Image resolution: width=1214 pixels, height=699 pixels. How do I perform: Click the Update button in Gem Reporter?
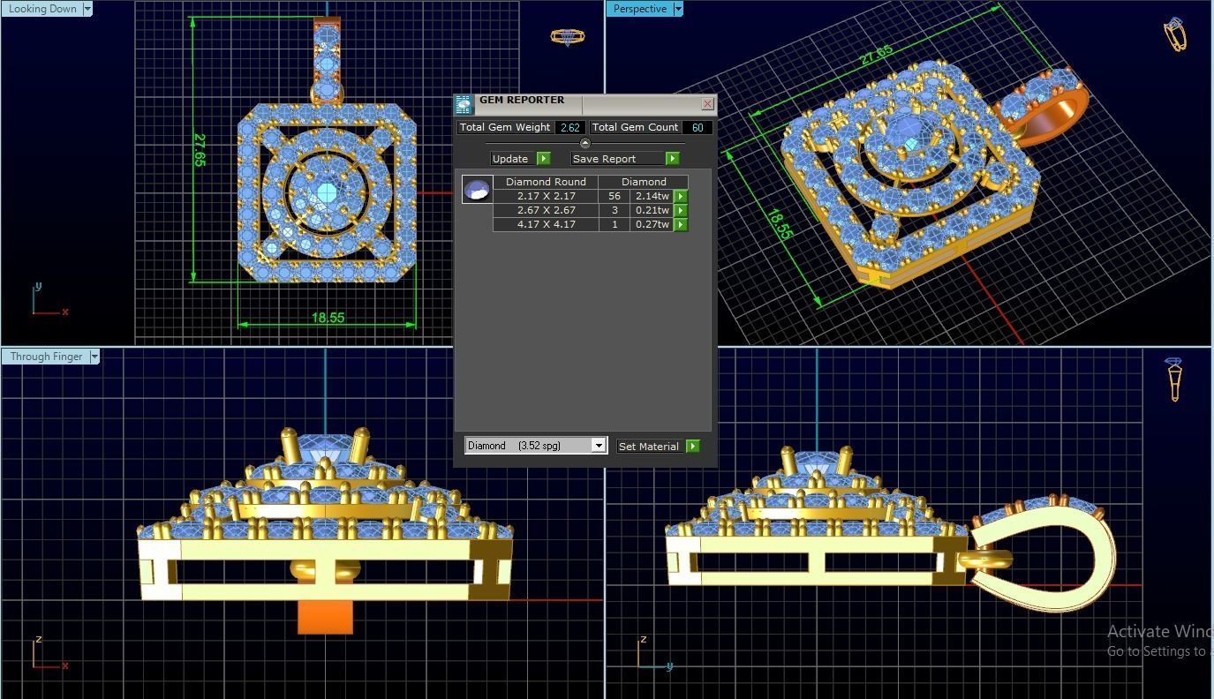(x=510, y=159)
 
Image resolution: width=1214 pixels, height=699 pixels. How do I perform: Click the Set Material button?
(x=649, y=447)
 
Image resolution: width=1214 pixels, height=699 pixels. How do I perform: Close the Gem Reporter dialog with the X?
(x=707, y=104)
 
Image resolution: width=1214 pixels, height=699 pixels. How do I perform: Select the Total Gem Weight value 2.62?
(x=569, y=128)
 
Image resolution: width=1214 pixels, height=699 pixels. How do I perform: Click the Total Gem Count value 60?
(x=697, y=128)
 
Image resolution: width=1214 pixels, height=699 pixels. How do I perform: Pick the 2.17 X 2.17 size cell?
(x=546, y=196)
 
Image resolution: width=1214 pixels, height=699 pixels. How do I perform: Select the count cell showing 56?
(x=615, y=196)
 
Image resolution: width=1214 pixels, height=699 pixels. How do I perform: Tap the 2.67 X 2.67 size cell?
(x=546, y=210)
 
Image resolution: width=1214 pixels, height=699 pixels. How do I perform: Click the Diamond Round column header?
(x=546, y=182)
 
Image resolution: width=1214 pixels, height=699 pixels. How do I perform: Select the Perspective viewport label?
(x=639, y=9)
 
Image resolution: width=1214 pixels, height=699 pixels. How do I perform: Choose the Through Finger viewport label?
(x=46, y=357)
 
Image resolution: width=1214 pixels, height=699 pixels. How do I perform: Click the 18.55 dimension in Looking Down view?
(x=328, y=318)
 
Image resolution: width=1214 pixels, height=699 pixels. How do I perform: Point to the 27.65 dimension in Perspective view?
(x=875, y=55)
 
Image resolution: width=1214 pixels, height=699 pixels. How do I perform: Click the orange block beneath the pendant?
(x=325, y=618)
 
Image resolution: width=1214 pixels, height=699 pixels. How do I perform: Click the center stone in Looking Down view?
(x=327, y=192)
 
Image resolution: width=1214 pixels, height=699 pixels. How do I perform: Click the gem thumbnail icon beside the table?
(x=477, y=189)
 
